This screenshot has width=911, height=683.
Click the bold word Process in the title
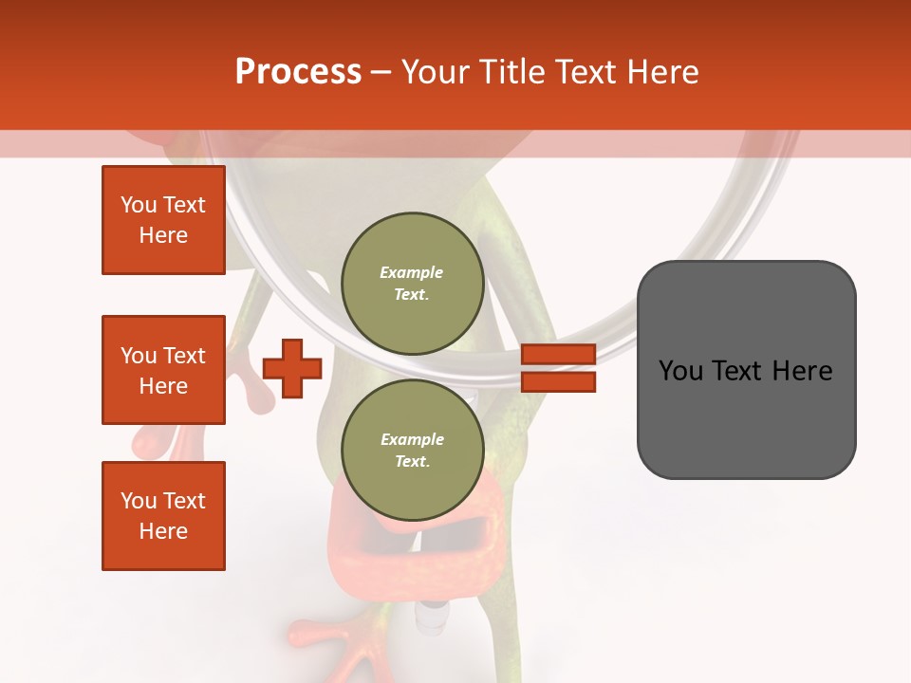coord(298,72)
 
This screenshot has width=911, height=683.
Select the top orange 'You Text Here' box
coord(163,220)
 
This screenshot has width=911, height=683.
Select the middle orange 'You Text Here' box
coord(163,370)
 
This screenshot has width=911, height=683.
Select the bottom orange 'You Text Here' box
coord(163,515)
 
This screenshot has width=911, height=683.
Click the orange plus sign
coord(292,368)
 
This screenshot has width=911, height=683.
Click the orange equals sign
coord(558,368)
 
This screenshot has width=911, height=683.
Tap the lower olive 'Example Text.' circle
coord(412,450)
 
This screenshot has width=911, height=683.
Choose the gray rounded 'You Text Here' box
coord(746,370)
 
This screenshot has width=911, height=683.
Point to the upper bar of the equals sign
coord(558,355)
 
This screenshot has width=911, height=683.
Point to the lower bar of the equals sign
coord(558,381)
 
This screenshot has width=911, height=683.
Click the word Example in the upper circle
coord(412,272)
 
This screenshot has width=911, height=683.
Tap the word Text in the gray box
coord(745,371)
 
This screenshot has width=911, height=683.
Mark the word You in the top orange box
coord(139,205)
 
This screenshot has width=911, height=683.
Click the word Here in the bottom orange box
coord(163,531)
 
